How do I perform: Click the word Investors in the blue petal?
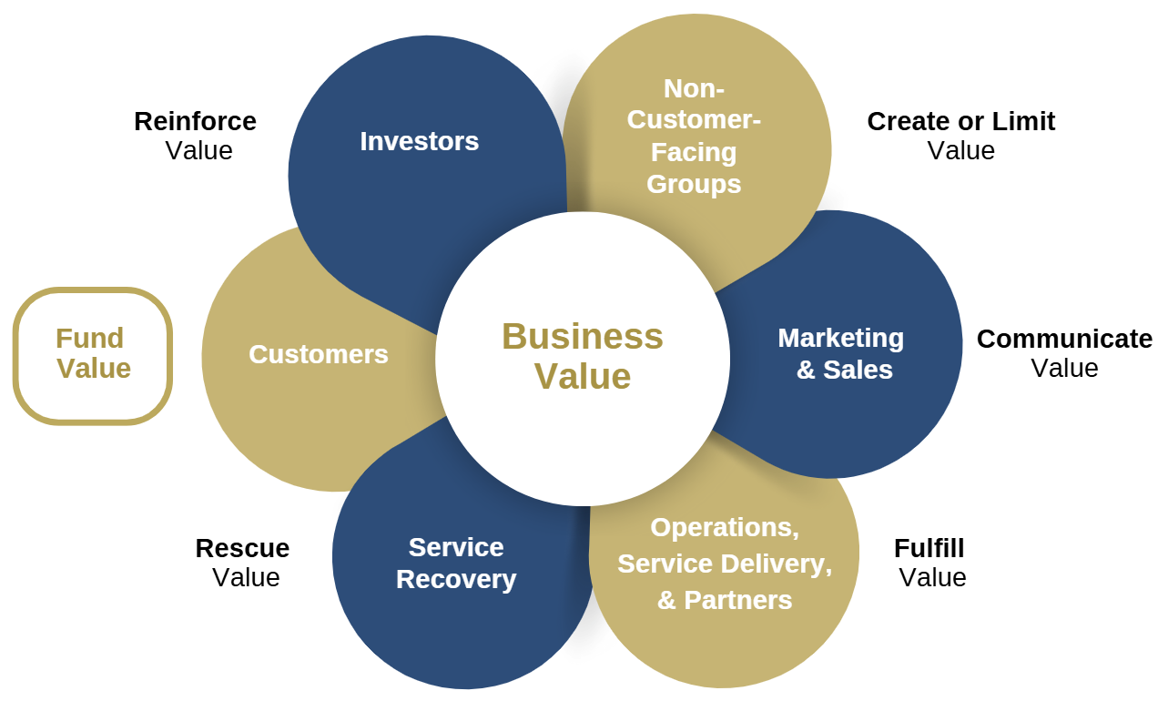pyautogui.click(x=419, y=141)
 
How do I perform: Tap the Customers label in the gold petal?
pyautogui.click(x=319, y=354)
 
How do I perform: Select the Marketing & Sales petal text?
pyautogui.click(x=842, y=354)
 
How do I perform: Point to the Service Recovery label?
pyautogui.click(x=456, y=564)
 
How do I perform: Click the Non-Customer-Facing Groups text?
pyautogui.click(x=694, y=137)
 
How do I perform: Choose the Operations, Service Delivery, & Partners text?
pyautogui.click(x=725, y=564)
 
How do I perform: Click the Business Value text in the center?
pyautogui.click(x=583, y=356)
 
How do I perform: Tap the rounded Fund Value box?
pyautogui.click(x=93, y=355)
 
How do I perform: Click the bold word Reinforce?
pyautogui.click(x=195, y=121)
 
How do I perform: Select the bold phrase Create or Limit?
pyautogui.click(x=960, y=121)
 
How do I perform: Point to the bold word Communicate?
pyautogui.click(x=1064, y=339)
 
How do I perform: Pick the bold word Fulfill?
pyautogui.click(x=929, y=548)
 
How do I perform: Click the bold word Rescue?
pyautogui.click(x=242, y=548)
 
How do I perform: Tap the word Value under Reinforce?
pyautogui.click(x=198, y=150)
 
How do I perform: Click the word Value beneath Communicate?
pyautogui.click(x=1064, y=368)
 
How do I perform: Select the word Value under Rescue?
pyautogui.click(x=246, y=577)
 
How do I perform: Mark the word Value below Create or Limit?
pyautogui.click(x=960, y=150)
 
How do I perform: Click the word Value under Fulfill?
pyautogui.click(x=932, y=577)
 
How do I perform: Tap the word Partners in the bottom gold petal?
pyautogui.click(x=737, y=600)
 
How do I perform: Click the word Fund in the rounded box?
pyautogui.click(x=89, y=339)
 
